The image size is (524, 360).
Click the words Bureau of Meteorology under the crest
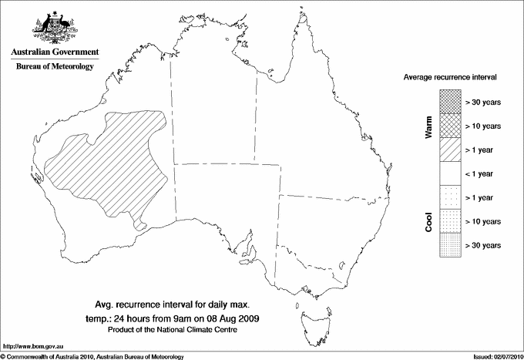pyautogui.click(x=55, y=66)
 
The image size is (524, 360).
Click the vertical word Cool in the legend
pyautogui.click(x=428, y=221)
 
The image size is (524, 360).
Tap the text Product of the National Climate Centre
pyautogui.click(x=183, y=330)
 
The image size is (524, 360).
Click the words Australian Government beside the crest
pyautogui.click(x=55, y=52)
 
